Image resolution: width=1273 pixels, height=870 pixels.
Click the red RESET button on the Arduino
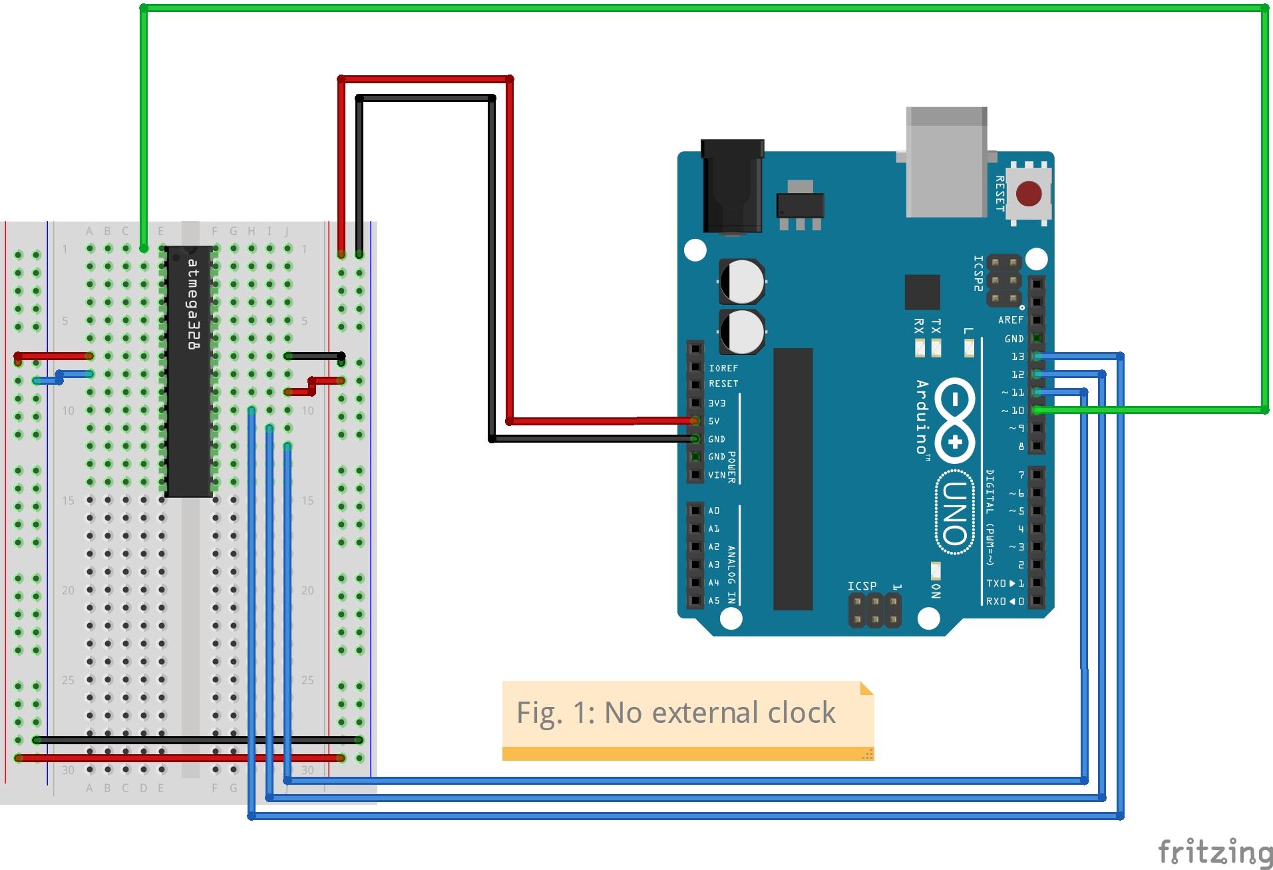click(x=1029, y=194)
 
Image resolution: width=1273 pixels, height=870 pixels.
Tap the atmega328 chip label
click(x=193, y=304)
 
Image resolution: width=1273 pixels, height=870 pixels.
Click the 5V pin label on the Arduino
click(x=714, y=421)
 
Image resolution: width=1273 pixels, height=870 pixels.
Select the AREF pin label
click(x=1010, y=320)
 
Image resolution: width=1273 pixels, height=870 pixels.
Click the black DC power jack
click(x=732, y=186)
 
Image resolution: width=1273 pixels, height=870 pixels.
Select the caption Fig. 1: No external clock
click(x=675, y=713)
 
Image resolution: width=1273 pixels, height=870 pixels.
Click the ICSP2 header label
click(x=978, y=274)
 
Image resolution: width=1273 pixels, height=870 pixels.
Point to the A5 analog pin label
click(x=714, y=600)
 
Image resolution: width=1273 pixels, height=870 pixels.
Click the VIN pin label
click(x=717, y=475)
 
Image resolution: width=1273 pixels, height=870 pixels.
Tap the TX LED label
click(x=936, y=326)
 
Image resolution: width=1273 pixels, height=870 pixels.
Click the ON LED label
click(x=936, y=591)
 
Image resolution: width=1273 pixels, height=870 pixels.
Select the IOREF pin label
click(x=723, y=368)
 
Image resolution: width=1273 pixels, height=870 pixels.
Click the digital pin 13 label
click(x=1017, y=357)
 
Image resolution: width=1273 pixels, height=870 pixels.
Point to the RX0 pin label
click(x=996, y=601)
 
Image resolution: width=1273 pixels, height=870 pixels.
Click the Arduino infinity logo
click(x=955, y=421)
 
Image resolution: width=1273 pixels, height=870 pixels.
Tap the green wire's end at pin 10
click(x=1037, y=411)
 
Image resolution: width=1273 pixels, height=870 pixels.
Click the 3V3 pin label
click(x=717, y=403)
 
